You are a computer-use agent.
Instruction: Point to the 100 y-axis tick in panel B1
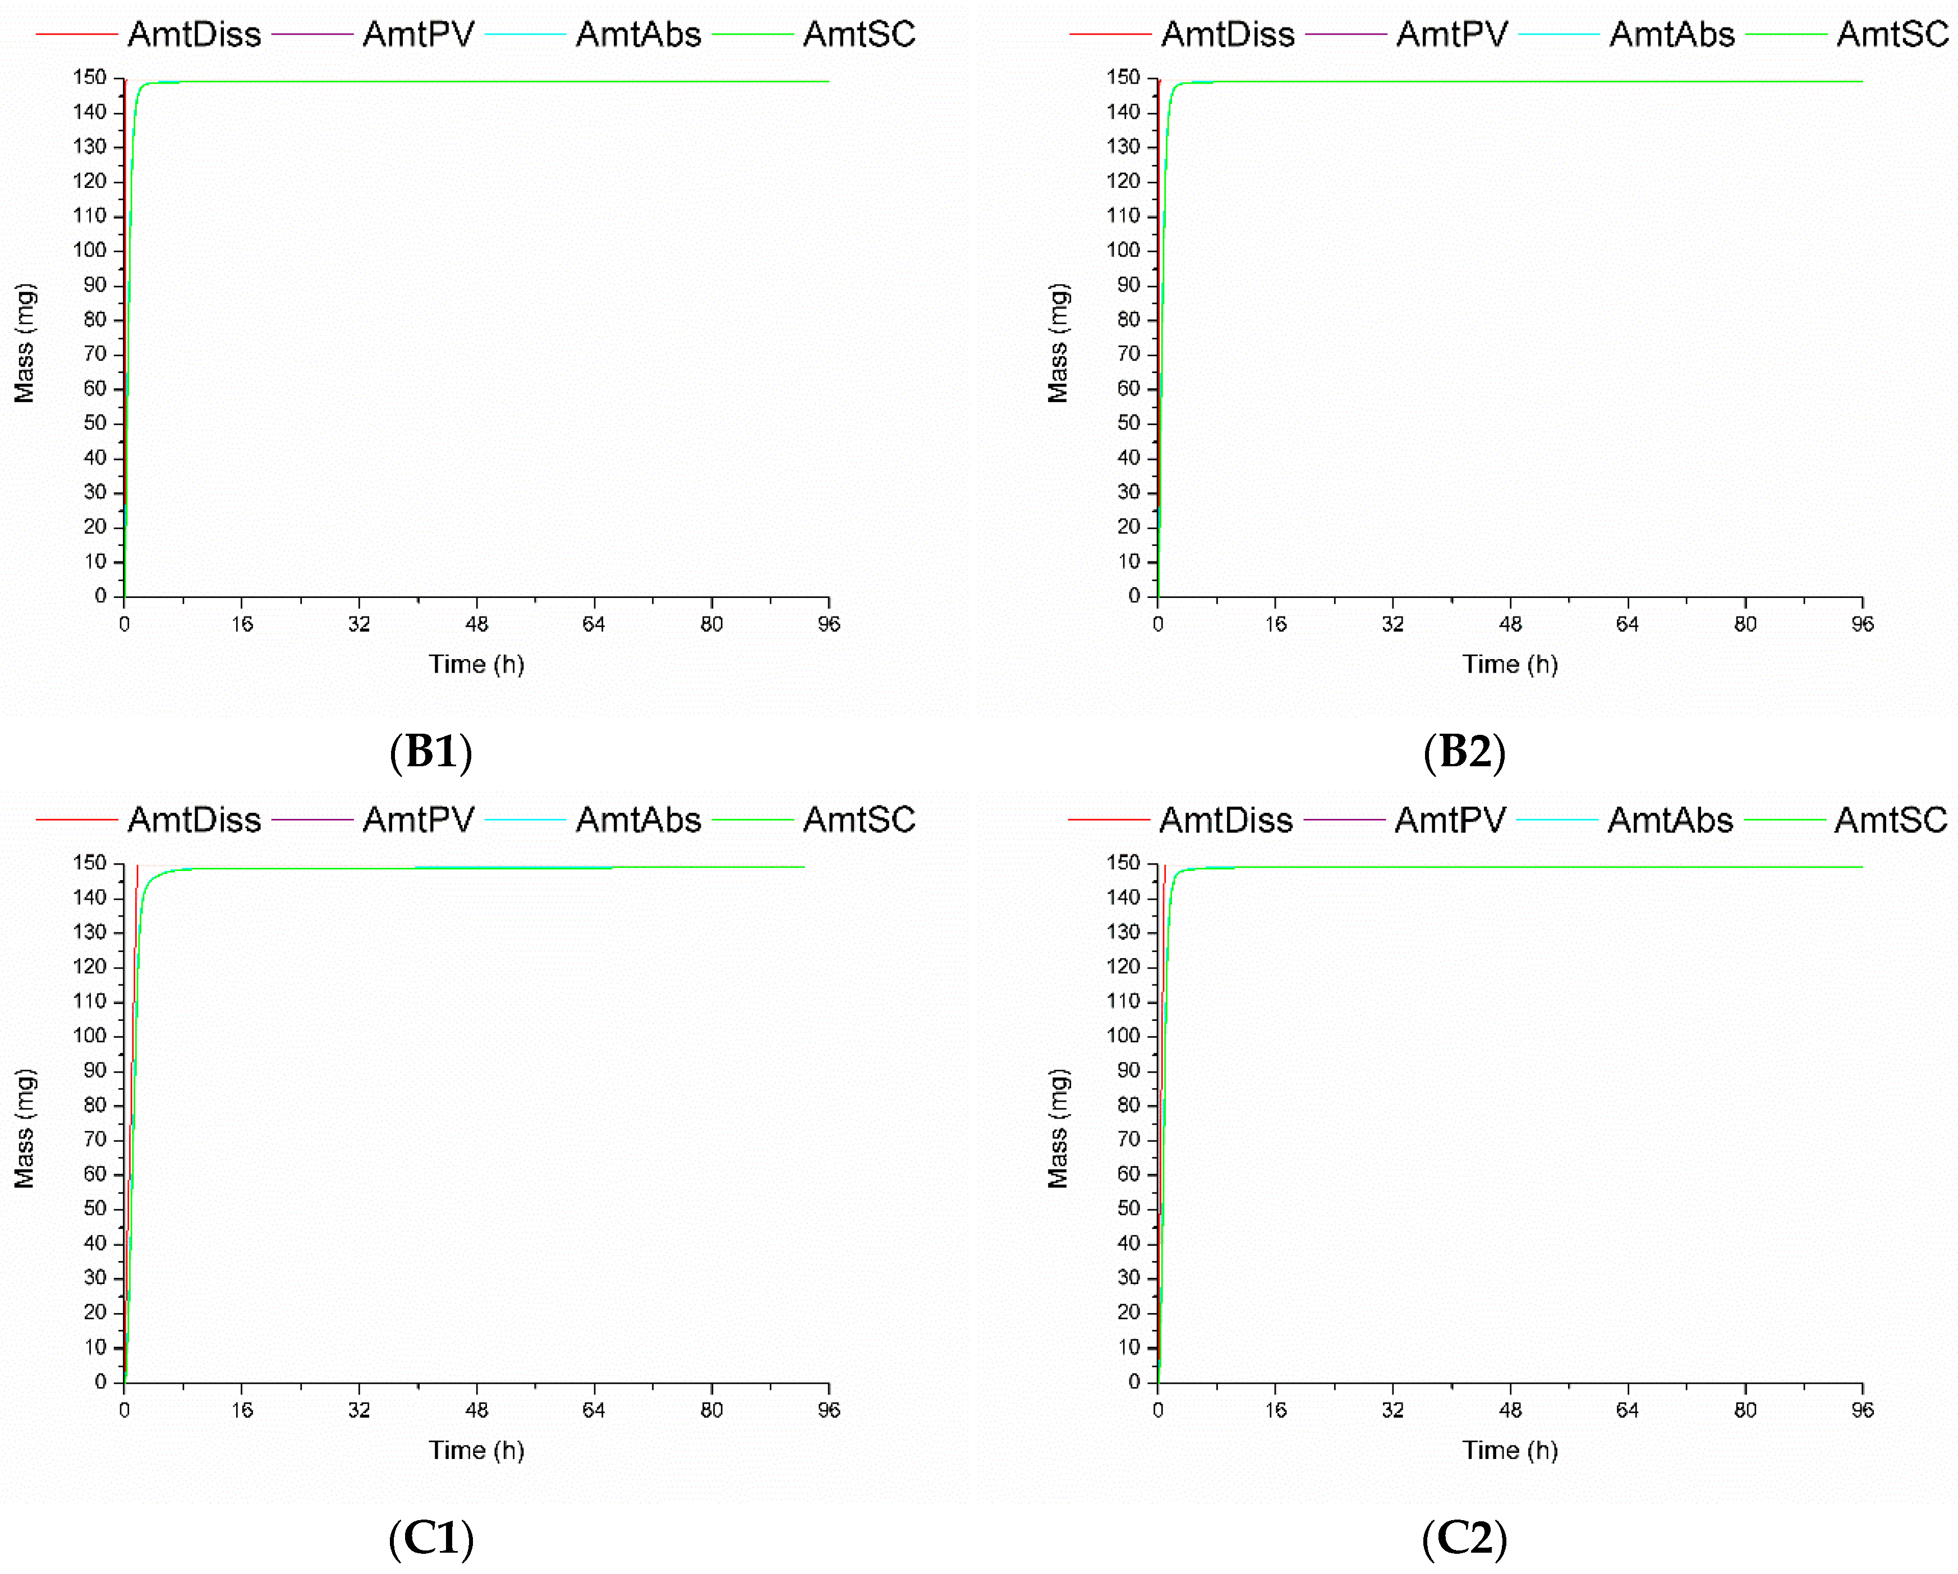(90, 250)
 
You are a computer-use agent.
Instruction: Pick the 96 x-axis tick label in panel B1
(828, 624)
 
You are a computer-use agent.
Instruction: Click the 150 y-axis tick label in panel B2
(1123, 77)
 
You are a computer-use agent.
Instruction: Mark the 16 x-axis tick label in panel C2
(1275, 1410)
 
